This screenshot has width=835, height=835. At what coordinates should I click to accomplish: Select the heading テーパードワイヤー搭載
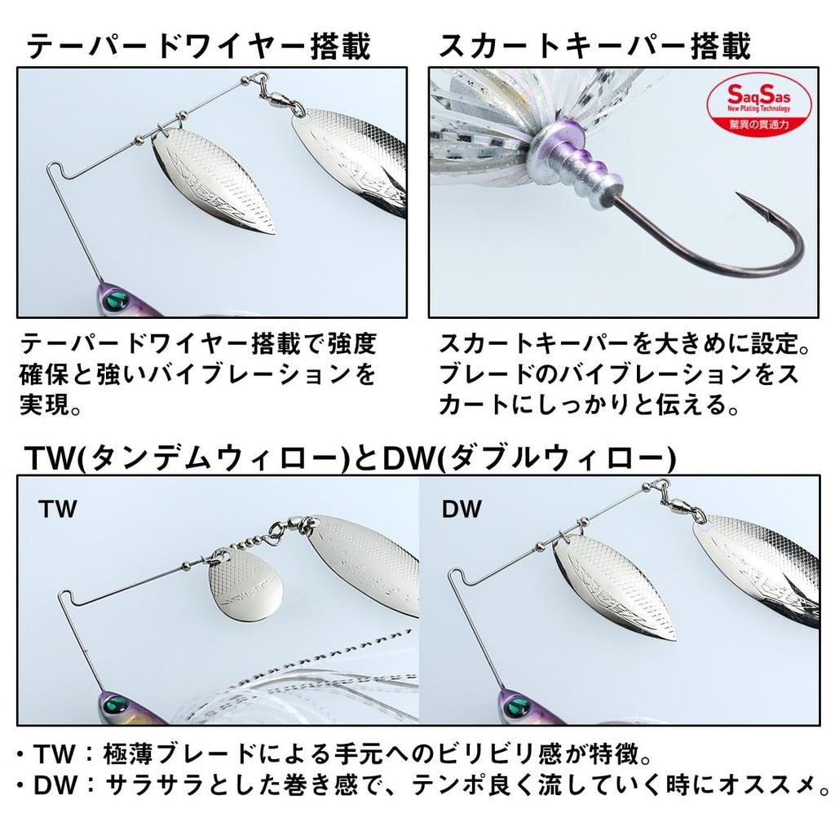[x=199, y=46]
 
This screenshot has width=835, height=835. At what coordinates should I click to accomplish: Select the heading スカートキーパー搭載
[x=595, y=46]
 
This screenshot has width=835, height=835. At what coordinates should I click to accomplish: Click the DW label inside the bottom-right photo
[x=462, y=510]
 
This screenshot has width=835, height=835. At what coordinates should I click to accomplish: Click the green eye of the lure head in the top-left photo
[x=116, y=298]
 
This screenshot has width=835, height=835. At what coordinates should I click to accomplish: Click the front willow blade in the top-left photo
[x=217, y=179]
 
